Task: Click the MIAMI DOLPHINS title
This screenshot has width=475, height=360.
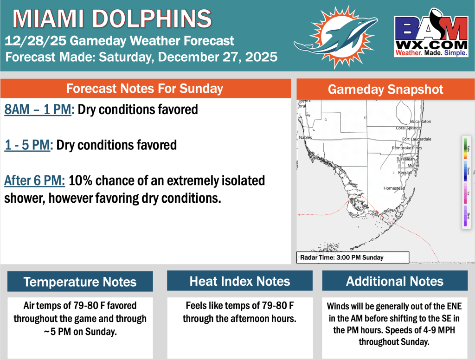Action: point(112,19)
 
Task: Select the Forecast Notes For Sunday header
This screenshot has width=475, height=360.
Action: point(145,89)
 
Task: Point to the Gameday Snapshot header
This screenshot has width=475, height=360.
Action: point(385,90)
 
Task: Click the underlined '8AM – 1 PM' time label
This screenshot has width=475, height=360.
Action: point(39,110)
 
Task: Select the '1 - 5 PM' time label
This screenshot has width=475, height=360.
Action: point(27,145)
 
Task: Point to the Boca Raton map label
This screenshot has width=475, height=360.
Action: point(421,122)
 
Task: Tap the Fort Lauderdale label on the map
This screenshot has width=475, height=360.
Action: point(417,139)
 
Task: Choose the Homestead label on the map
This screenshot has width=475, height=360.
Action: point(394,188)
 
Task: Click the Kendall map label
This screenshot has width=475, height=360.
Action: point(405,173)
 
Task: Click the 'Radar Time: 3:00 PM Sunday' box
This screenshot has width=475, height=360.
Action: point(353,257)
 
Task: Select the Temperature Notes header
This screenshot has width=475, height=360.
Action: point(80,282)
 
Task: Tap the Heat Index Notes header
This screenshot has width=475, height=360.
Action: point(240,281)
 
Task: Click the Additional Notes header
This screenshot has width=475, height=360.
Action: point(395,281)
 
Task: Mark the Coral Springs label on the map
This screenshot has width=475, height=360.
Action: point(408,128)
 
